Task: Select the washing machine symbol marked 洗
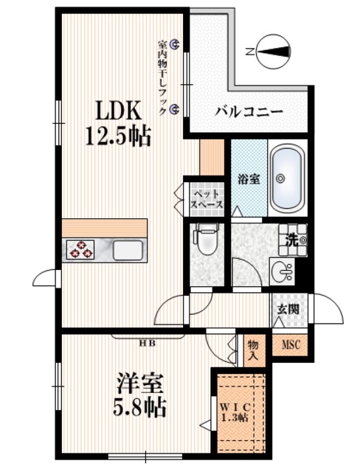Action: [x=293, y=237]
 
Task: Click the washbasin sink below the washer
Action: [x=283, y=271]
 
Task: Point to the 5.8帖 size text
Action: [x=140, y=406]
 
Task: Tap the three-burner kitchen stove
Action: [x=81, y=250]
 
